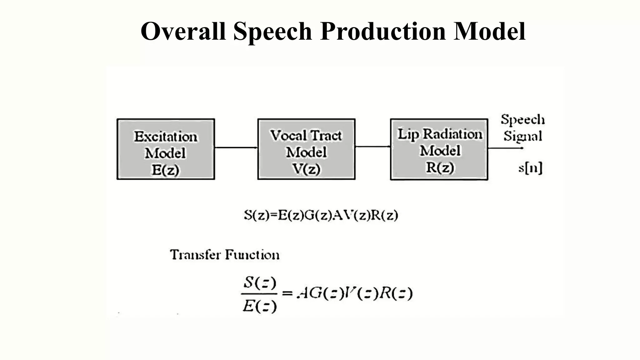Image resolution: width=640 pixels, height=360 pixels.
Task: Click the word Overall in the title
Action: pyautogui.click(x=183, y=31)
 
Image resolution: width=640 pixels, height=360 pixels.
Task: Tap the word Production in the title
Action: pyautogui.click(x=383, y=31)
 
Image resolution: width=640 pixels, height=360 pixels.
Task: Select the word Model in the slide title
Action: pyautogui.click(x=489, y=31)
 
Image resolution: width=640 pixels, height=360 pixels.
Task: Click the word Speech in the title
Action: pyautogui.click(x=272, y=32)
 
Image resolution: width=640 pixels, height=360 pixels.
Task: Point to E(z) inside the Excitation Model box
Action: pyautogui.click(x=166, y=170)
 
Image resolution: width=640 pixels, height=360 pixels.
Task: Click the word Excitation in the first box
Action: pyautogui.click(x=166, y=137)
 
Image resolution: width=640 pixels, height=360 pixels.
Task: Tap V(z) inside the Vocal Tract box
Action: pyautogui.click(x=306, y=169)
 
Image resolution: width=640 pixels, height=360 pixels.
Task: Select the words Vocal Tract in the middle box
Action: pyautogui.click(x=306, y=135)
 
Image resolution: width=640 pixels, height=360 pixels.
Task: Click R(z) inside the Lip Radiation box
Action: pyautogui.click(x=440, y=167)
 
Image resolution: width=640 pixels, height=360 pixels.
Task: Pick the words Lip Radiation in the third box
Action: pyautogui.click(x=440, y=134)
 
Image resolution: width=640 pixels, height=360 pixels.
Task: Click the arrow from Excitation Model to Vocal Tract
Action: pyautogui.click(x=236, y=147)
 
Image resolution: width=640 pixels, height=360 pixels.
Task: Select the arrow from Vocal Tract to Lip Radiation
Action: pyautogui.click(x=372, y=146)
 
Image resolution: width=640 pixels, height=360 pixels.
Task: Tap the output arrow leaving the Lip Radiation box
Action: pyautogui.click(x=505, y=148)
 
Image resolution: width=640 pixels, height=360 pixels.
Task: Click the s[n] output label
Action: pyautogui.click(x=530, y=168)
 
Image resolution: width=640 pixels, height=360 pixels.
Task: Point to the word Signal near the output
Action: pyautogui.click(x=523, y=136)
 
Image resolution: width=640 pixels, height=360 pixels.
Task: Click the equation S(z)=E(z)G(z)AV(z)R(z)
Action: pyautogui.click(x=321, y=215)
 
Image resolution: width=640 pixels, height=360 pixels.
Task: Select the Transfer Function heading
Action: pyautogui.click(x=225, y=255)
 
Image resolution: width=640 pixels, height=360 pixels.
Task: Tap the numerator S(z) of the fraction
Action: pyautogui.click(x=260, y=283)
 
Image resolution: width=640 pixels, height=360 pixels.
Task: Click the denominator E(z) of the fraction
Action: pyautogui.click(x=260, y=306)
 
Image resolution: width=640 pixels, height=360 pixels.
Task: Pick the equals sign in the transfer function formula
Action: pyautogui.click(x=287, y=293)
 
